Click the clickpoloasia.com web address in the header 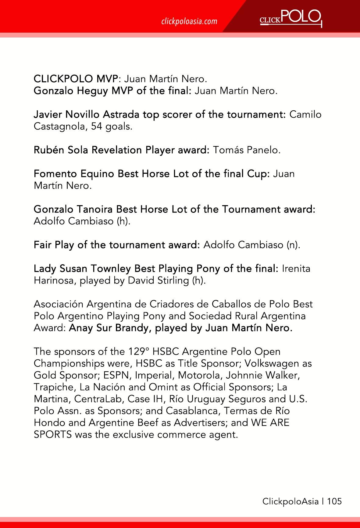tap(189, 21)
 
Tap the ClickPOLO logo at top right tap(291, 18)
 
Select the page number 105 tap(334, 501)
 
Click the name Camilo tap(305, 115)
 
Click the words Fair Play tap(54, 245)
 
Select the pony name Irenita tap(296, 269)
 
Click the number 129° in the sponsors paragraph tap(138, 352)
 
